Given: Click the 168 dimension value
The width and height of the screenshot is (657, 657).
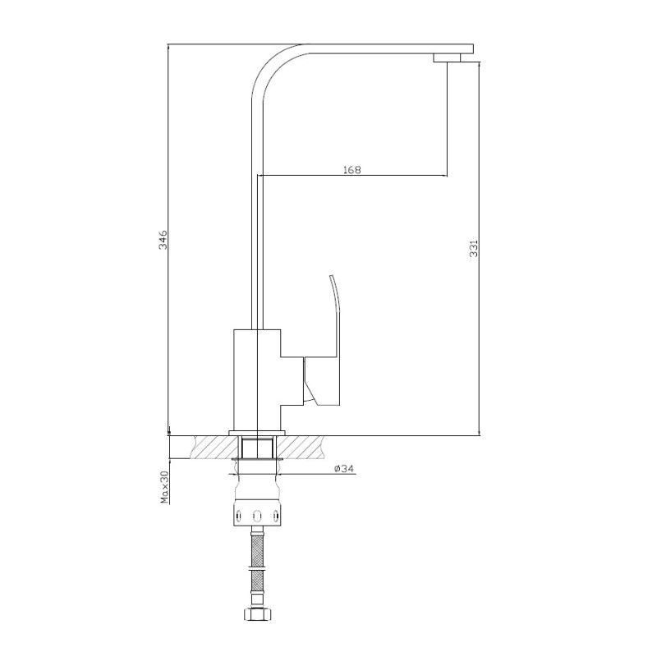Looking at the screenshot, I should coord(351,170).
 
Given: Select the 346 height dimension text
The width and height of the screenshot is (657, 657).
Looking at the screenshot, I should coord(163,239).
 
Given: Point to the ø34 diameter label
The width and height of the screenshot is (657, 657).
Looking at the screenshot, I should coord(344,469).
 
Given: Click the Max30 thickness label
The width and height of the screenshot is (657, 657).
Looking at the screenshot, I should coord(163,487).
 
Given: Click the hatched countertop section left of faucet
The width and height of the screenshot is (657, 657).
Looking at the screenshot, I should coord(214,448).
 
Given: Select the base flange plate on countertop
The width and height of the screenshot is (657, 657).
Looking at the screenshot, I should coord(258,432).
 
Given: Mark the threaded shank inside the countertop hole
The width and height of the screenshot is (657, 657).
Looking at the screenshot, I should coord(258,448).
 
